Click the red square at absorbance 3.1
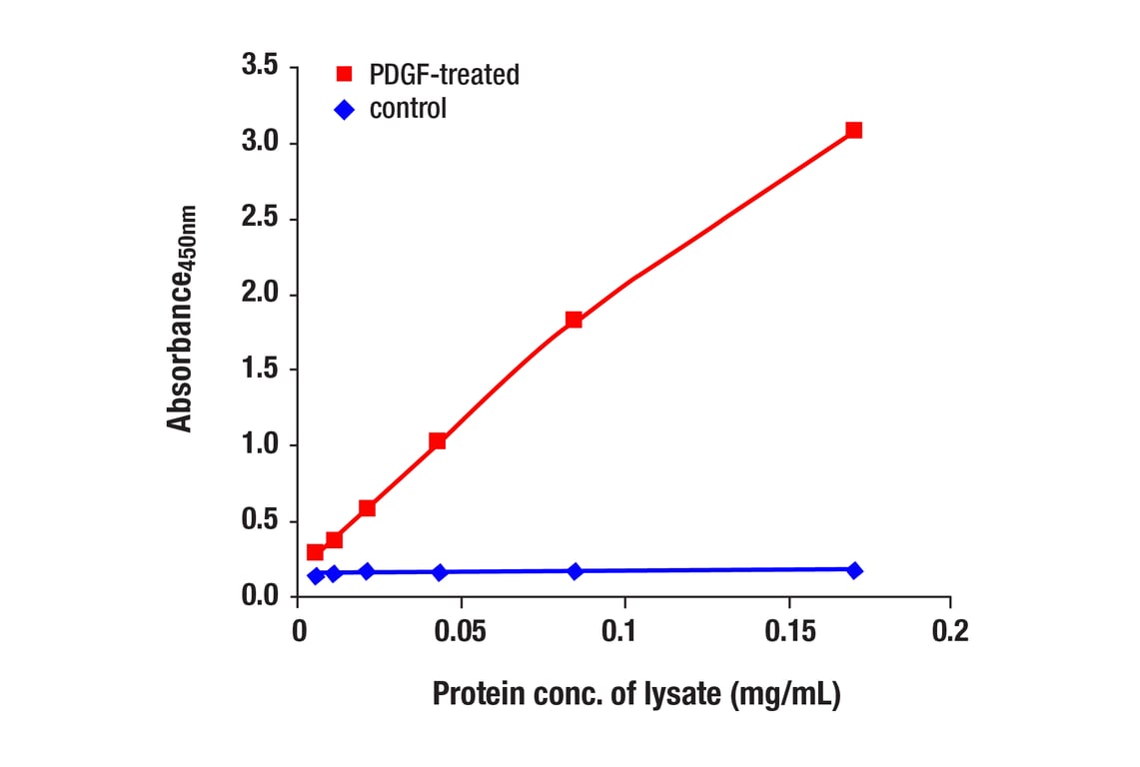tap(853, 130)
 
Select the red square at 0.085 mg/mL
tap(573, 320)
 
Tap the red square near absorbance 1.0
tap(437, 441)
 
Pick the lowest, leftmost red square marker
tap(315, 552)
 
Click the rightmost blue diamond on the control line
tap(854, 570)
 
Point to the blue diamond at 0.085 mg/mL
tap(574, 571)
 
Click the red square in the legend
tap(344, 74)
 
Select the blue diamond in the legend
tap(344, 110)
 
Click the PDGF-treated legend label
tap(444, 74)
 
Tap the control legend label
tap(408, 109)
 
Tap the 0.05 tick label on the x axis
tap(462, 632)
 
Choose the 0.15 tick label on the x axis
tap(788, 632)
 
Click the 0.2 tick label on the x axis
tap(950, 632)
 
